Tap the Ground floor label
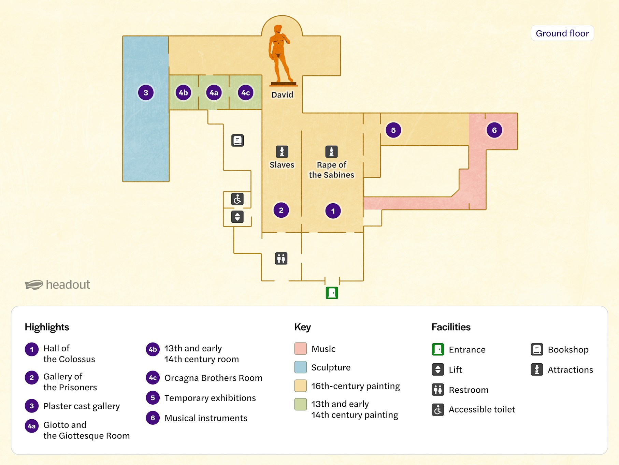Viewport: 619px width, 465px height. click(x=562, y=33)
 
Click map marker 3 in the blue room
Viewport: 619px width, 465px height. click(x=146, y=92)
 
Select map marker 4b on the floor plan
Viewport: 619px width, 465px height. click(x=183, y=92)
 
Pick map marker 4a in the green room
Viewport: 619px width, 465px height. click(x=214, y=92)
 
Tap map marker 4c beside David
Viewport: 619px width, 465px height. click(x=246, y=92)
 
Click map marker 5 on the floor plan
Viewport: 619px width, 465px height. click(x=393, y=130)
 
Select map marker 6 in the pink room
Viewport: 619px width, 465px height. click(x=494, y=130)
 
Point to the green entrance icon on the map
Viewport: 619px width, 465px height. click(x=332, y=293)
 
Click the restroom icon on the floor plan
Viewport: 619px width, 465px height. click(x=281, y=258)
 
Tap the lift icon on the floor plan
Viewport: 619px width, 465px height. click(x=237, y=217)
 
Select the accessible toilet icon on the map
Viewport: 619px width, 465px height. click(x=237, y=199)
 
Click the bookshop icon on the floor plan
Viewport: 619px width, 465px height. click(x=237, y=140)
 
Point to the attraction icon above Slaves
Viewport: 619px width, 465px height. click(x=282, y=151)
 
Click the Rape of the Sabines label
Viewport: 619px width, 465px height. click(x=331, y=170)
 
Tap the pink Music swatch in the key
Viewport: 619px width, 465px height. click(x=300, y=349)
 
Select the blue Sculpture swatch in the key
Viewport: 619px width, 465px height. click(x=300, y=367)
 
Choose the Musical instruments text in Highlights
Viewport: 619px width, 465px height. click(x=206, y=418)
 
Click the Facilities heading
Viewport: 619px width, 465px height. click(x=451, y=327)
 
